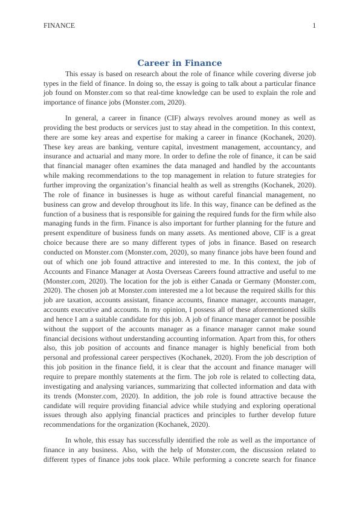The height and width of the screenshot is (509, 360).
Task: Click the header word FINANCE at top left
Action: coord(59,25)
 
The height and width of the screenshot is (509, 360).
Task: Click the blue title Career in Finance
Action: coord(179,63)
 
